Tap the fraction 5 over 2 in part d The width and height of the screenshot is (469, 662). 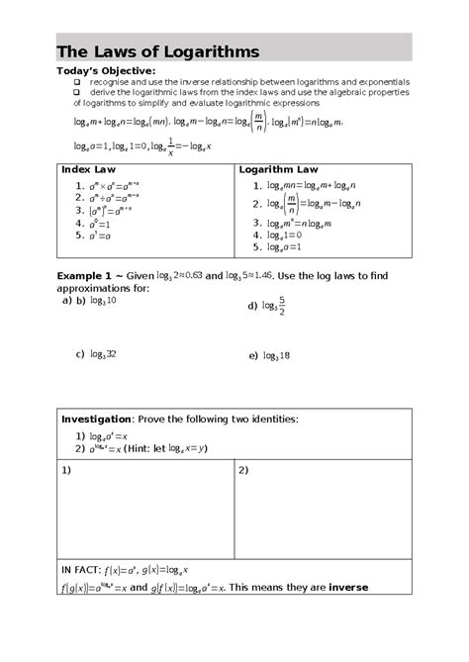[x=282, y=307]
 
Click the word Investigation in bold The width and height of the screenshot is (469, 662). [x=96, y=418]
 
